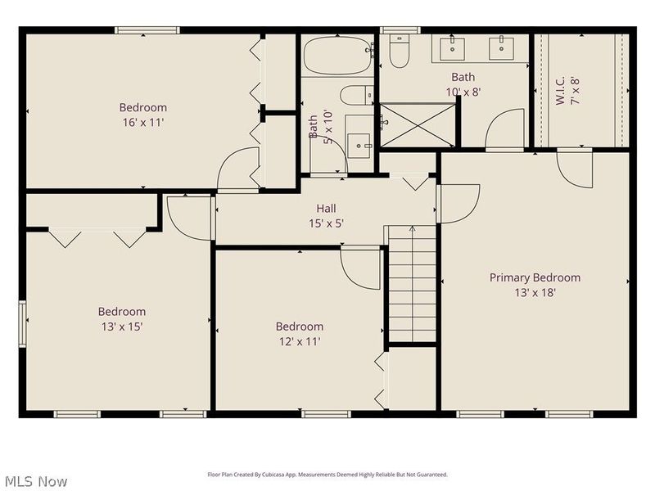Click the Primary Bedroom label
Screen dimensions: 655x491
coord(535,277)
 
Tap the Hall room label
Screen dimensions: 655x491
coord(326,209)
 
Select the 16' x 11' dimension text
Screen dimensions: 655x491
coord(142,123)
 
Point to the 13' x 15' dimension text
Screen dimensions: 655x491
coord(122,327)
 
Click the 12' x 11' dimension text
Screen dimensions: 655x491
coord(300,341)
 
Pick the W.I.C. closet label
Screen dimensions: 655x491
coord(560,90)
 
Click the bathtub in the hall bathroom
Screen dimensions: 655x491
coord(337,56)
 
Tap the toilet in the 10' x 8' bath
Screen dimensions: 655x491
coord(400,51)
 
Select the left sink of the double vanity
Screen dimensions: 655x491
coord(452,49)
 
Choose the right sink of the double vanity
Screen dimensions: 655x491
coord(501,49)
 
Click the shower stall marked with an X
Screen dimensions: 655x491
coord(418,125)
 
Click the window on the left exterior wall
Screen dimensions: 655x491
coord(22,323)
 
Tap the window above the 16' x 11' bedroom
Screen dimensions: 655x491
coord(147,30)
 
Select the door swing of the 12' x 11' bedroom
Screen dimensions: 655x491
coord(360,268)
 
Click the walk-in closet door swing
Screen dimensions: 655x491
coord(575,168)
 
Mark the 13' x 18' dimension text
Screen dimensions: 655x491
coord(535,293)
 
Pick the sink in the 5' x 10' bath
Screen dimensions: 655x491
coord(359,146)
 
